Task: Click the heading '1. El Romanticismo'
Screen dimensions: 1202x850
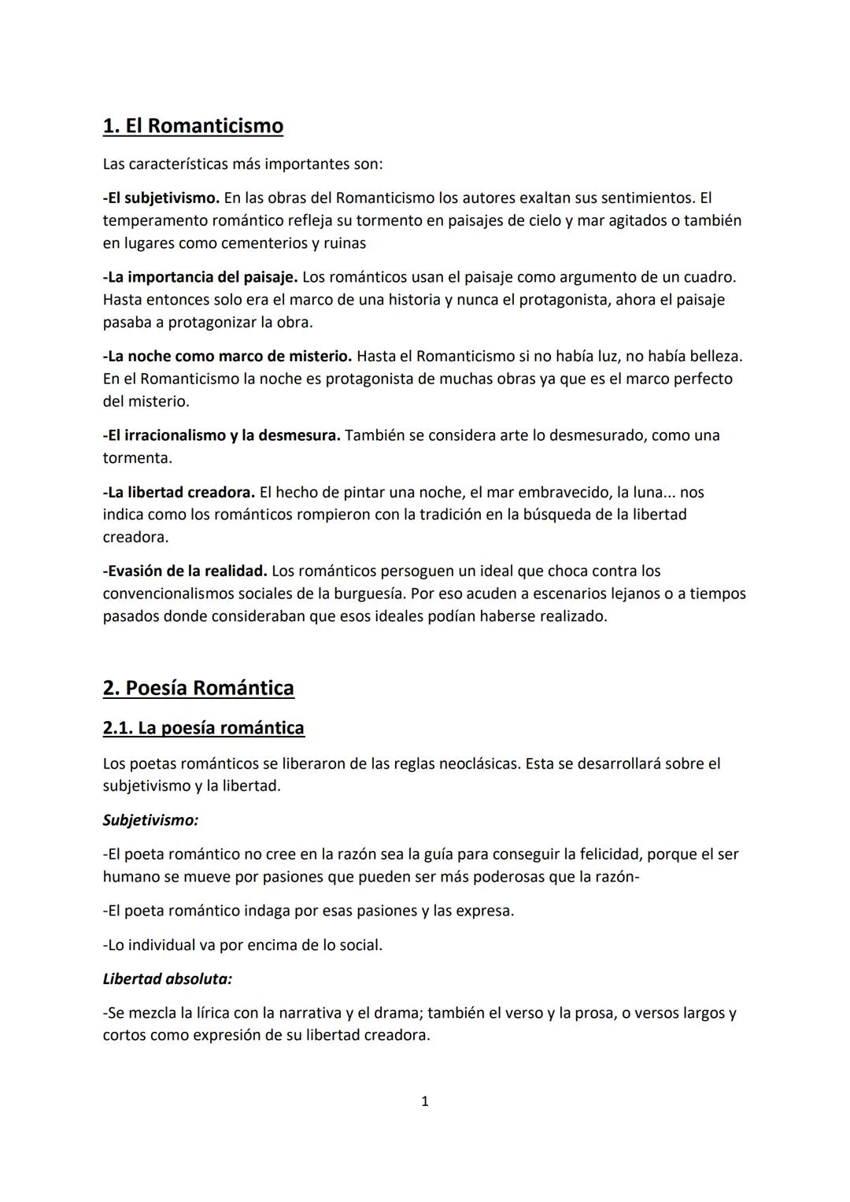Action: click(193, 126)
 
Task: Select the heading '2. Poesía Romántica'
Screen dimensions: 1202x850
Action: click(198, 688)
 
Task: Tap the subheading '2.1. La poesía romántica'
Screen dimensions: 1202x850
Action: click(203, 728)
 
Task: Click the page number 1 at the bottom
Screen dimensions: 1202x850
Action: click(425, 1101)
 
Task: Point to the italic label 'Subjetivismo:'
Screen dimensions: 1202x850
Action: click(150, 820)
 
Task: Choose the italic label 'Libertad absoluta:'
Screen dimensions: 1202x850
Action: click(167, 979)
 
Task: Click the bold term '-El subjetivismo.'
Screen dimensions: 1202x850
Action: click(161, 198)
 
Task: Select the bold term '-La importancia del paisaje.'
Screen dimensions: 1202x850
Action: click(200, 277)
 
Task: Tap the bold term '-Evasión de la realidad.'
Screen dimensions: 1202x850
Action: click(185, 571)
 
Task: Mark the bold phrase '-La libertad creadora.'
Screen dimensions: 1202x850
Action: click(179, 492)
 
